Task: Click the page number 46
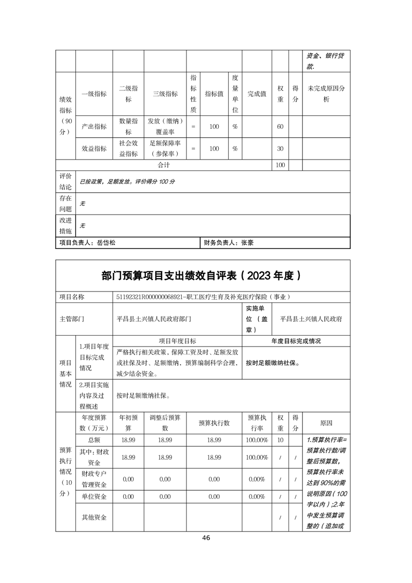206,538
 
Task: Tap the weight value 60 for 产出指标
280,126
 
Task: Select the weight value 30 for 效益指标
280,149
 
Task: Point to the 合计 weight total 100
280,165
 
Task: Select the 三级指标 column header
165,94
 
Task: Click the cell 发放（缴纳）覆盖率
165,126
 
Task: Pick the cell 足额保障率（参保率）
165,149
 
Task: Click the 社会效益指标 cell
128,149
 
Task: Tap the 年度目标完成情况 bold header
296,341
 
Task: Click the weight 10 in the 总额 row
280,440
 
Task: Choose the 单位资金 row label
94,497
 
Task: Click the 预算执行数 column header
214,423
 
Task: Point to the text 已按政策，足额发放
106,182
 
